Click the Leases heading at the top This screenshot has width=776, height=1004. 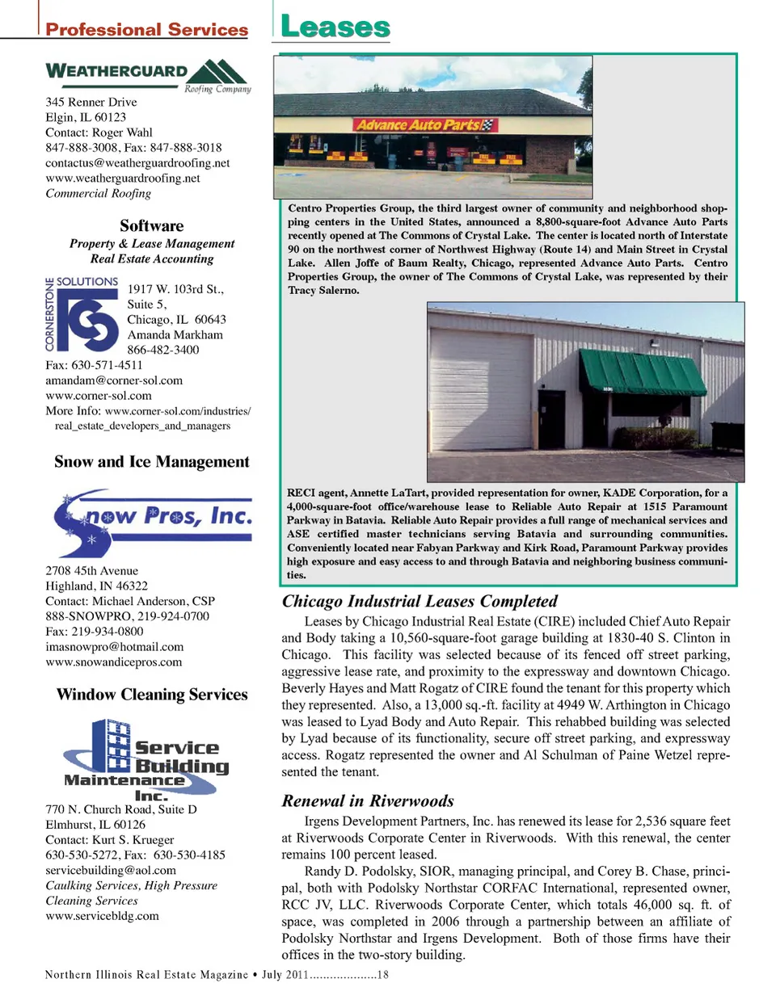coord(335,27)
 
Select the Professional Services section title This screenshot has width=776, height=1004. coord(146,30)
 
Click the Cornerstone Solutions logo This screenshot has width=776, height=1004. coord(82,314)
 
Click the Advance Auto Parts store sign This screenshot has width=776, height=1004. coord(425,125)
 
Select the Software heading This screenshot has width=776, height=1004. coord(152,225)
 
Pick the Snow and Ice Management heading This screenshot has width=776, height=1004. coord(152,461)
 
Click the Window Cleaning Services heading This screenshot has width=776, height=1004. coord(152,694)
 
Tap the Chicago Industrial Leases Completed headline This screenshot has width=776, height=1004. coord(420,601)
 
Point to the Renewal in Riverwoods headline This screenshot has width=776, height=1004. coord(368,800)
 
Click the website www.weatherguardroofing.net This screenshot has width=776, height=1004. coord(123,178)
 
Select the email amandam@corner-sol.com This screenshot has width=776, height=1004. coord(114,380)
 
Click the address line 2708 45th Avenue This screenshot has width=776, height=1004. coord(92,570)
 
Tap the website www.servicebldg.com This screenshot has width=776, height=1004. coord(103,915)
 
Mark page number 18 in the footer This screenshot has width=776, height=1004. coord(383,974)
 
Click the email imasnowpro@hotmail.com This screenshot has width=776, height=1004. coord(115,646)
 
